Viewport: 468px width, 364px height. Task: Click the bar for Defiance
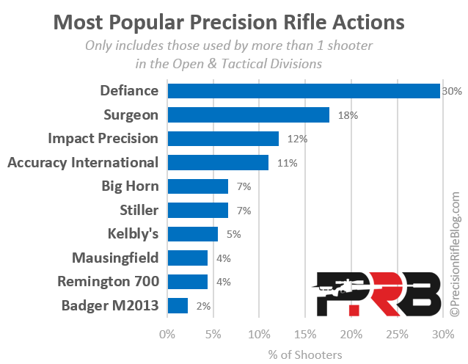click(x=304, y=91)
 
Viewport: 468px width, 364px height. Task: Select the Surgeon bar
click(x=249, y=115)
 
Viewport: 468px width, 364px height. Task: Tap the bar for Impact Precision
click(x=223, y=139)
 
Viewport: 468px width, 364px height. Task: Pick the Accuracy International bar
click(x=218, y=162)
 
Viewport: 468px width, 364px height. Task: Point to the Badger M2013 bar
click(x=178, y=305)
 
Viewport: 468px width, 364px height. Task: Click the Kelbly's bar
click(x=193, y=234)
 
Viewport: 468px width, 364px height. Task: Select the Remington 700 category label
click(x=108, y=282)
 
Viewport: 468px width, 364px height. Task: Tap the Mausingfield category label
click(x=115, y=258)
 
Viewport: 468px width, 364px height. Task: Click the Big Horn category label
click(x=130, y=186)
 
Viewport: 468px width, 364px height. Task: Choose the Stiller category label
click(x=139, y=210)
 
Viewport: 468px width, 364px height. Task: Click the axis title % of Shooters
click(x=305, y=354)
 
